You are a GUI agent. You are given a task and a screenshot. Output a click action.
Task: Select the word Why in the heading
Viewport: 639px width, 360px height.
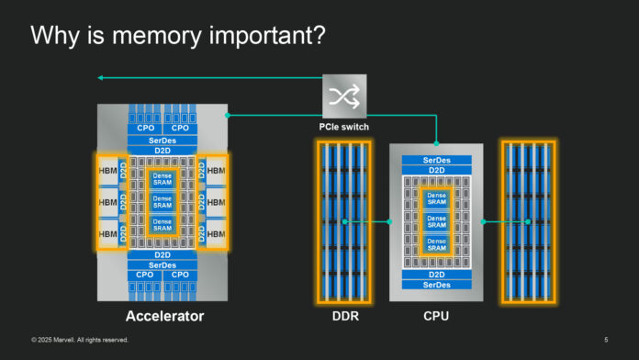pos(53,37)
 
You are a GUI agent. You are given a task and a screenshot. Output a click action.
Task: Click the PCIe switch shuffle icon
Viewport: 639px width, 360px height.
pos(343,96)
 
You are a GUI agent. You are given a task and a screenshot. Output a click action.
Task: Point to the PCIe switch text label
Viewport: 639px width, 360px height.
pos(344,127)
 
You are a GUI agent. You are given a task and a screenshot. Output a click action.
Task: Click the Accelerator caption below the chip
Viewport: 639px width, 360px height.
pos(163,317)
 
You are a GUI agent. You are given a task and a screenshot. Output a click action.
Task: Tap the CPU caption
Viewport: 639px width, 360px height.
pos(435,317)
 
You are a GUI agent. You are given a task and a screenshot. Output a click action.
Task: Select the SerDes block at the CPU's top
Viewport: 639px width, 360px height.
pos(436,160)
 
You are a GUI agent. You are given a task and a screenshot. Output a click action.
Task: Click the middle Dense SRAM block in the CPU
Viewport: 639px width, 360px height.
pos(436,221)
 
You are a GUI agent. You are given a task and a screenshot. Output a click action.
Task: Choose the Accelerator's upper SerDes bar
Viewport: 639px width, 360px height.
pos(163,140)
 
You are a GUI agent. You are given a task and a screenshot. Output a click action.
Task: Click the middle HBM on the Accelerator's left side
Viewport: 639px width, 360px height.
pos(108,202)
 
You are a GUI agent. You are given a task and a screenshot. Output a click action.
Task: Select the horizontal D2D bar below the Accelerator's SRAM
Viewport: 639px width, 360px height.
pos(163,253)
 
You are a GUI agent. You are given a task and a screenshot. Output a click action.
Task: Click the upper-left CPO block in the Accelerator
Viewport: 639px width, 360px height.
pos(145,129)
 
